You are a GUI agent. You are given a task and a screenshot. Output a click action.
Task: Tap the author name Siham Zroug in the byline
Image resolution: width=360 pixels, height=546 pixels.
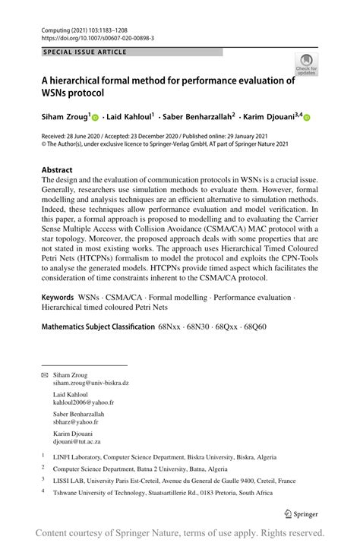coord(65,117)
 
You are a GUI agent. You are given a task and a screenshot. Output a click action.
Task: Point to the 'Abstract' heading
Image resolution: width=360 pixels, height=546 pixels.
coord(58,170)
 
